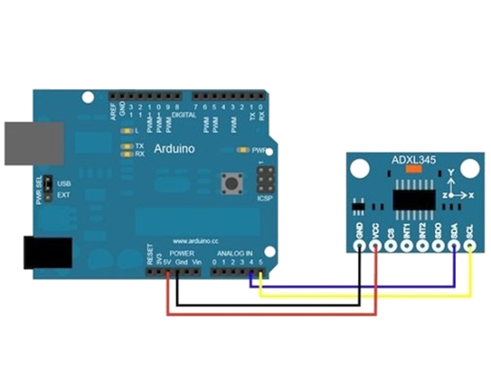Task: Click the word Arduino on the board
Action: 174,148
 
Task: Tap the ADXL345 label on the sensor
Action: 414,161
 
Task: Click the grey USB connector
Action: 34,143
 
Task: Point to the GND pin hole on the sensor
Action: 359,247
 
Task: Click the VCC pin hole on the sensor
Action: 375,247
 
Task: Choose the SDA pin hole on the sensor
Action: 454,247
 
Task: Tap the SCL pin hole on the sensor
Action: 470,247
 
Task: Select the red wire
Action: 270,315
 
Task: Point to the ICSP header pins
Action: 265,181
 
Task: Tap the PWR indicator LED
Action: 242,150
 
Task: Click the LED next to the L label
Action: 128,131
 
